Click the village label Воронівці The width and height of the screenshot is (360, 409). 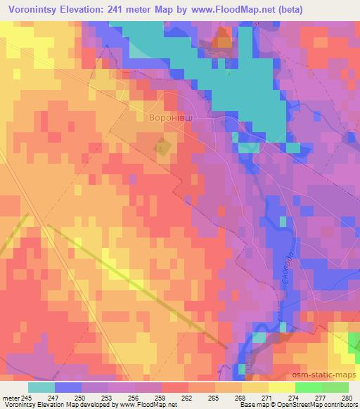(x=172, y=118)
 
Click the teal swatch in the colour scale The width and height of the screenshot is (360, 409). (x=41, y=387)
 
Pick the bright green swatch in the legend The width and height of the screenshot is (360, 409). (x=308, y=387)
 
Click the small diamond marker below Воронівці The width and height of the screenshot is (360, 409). (x=163, y=148)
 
